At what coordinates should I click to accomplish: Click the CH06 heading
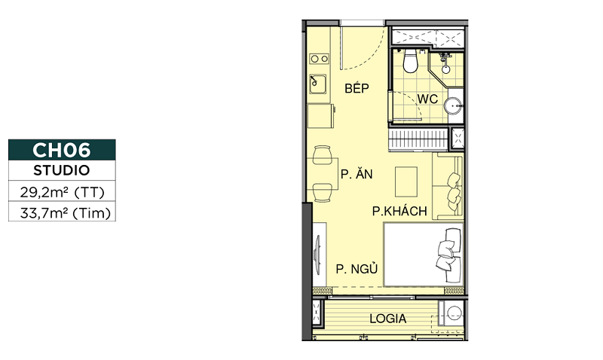pyautogui.click(x=62, y=150)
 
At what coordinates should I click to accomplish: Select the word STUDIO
pyautogui.click(x=62, y=170)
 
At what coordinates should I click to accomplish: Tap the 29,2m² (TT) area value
pyautogui.click(x=63, y=191)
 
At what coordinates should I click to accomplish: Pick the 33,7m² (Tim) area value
pyautogui.click(x=66, y=212)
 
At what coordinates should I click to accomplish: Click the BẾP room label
pyautogui.click(x=357, y=87)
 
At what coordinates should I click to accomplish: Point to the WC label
pyautogui.click(x=427, y=99)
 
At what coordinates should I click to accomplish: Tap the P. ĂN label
pyautogui.click(x=357, y=174)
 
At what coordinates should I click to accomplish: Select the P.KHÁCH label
pyautogui.click(x=399, y=211)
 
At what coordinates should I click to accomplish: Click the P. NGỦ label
pyautogui.click(x=357, y=268)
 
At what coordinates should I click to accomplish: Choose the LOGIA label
pyautogui.click(x=387, y=319)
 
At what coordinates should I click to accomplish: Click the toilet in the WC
pyautogui.click(x=410, y=61)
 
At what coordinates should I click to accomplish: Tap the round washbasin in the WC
pyautogui.click(x=453, y=105)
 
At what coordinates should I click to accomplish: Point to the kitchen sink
pyautogui.click(x=317, y=84)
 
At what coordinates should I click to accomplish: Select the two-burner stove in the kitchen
pyautogui.click(x=319, y=59)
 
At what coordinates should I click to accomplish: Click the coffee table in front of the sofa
pyautogui.click(x=406, y=182)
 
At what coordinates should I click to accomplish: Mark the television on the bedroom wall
pyautogui.click(x=317, y=254)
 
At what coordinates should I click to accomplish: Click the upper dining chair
pyautogui.click(x=323, y=155)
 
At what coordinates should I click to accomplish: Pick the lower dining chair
pyautogui.click(x=323, y=193)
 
